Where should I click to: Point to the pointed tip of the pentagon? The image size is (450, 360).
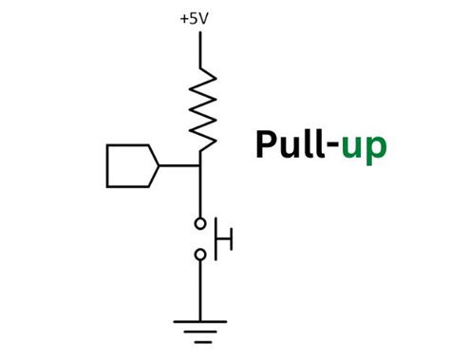(158, 165)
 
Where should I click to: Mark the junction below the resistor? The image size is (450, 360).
(200, 165)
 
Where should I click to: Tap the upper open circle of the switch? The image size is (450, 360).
(200, 224)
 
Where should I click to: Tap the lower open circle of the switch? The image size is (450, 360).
(200, 255)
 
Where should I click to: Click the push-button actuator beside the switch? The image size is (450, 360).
(226, 239)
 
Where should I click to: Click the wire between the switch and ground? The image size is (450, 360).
(200, 290)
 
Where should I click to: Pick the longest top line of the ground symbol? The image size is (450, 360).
(200, 321)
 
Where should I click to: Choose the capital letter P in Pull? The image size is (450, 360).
(266, 145)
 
